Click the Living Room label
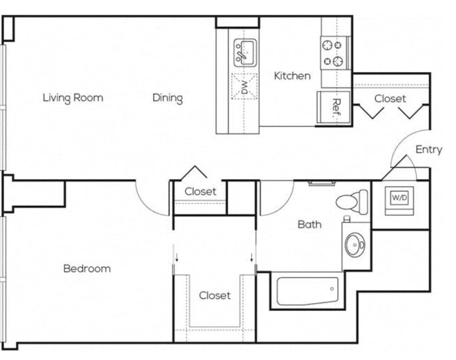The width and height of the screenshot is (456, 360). (73, 97)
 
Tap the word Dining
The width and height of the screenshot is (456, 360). (168, 98)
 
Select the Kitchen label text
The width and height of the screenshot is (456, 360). (292, 76)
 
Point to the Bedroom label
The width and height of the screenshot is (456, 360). (87, 269)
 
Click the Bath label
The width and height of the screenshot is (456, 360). (310, 225)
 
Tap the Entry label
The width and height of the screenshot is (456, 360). (429, 149)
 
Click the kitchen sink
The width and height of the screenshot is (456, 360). (245, 53)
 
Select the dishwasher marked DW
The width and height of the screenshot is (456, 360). (244, 86)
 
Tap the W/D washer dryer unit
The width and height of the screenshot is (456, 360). (399, 200)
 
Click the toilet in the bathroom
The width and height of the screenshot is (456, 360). (352, 202)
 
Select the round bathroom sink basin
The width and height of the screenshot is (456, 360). (354, 244)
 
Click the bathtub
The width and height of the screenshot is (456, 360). (307, 291)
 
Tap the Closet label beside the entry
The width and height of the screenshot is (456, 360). (390, 99)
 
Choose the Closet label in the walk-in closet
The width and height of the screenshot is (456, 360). (215, 296)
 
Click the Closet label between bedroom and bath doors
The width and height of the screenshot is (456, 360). (201, 192)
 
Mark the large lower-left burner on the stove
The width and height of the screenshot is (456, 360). (327, 62)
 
